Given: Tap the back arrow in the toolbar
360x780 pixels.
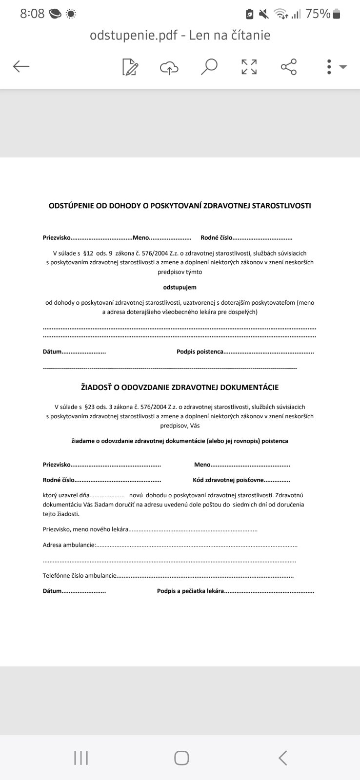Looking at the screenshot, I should pos(21,66).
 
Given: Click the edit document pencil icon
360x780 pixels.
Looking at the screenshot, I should pos(130,67).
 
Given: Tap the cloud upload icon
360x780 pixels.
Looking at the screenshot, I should pos(169,68).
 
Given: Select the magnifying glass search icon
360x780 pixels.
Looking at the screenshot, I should pos(209,67).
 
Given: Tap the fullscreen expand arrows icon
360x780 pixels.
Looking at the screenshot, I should pos(249,67).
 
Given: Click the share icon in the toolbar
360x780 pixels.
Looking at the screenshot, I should pos(289,67).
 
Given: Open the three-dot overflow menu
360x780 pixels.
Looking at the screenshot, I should pos(329,67).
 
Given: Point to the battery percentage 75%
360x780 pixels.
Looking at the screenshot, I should pos(318,14).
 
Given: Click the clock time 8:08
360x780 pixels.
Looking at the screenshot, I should pos(32,14).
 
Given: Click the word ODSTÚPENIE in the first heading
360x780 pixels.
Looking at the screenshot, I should pos(71,206).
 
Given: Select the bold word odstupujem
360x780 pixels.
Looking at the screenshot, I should pos(180,287).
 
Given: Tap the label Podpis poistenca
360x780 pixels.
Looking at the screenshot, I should pos(200,351).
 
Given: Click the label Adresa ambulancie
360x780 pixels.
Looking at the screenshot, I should pos(69,545).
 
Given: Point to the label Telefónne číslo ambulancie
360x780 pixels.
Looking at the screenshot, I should pos(80,576).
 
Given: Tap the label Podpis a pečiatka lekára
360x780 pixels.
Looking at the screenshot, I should pos(190,591).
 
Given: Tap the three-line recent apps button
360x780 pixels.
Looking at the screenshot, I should pos(81,758).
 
